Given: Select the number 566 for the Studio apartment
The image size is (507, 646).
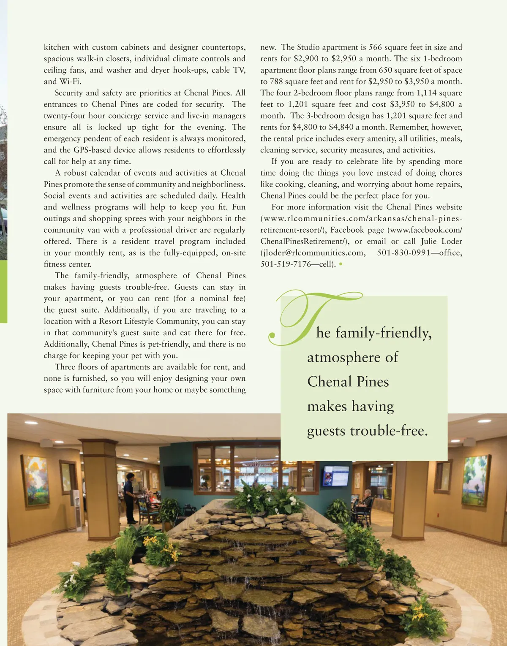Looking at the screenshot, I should pyautogui.click(x=375, y=47).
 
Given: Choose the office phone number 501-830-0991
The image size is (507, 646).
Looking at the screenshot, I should pyautogui.click(x=403, y=253).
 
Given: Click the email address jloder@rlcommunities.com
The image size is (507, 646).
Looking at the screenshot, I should pyautogui.click(x=313, y=253).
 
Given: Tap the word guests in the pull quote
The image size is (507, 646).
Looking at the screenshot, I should pyautogui.click(x=326, y=431).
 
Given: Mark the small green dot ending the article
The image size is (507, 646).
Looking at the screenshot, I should pyautogui.click(x=341, y=264).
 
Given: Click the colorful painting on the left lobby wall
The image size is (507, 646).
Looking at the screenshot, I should pyautogui.click(x=35, y=480).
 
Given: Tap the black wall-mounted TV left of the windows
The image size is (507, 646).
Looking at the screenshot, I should pyautogui.click(x=177, y=476).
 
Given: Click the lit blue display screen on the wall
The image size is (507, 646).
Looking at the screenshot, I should pyautogui.click(x=335, y=476).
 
